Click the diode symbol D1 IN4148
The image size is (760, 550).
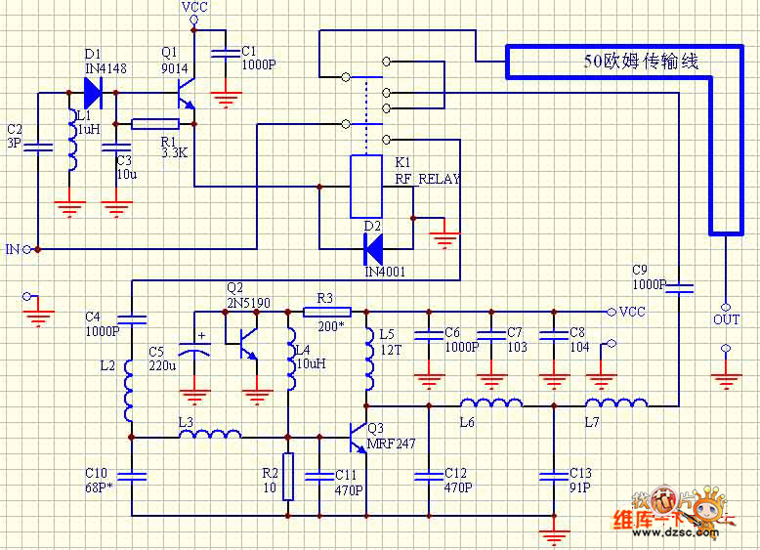93,93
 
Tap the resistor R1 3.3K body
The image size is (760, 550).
155,124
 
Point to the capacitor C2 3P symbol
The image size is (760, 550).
37,148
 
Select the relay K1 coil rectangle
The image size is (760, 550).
366,186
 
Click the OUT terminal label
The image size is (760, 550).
726,319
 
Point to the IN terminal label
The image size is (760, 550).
13,250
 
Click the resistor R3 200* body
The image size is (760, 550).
319,312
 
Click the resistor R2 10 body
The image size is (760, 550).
288,477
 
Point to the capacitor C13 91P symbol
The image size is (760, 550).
554,476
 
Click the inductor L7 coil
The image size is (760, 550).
616,402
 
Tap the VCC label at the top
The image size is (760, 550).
194,8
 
